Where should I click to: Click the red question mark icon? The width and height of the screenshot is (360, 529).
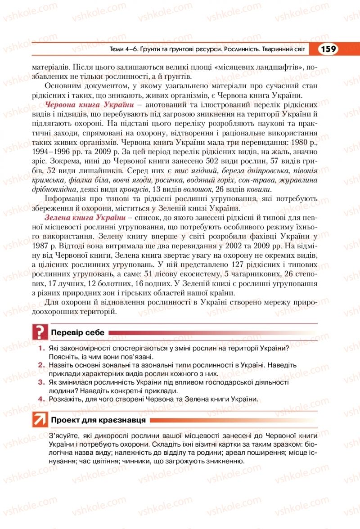click(40, 332)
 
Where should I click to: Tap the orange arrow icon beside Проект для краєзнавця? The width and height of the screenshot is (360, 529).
click(40, 420)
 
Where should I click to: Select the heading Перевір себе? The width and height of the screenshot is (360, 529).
click(78, 333)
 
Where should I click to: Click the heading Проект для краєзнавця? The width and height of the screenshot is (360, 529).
click(99, 420)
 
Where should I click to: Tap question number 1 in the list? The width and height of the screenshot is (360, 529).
click(40, 349)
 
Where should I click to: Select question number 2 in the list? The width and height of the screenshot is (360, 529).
click(40, 366)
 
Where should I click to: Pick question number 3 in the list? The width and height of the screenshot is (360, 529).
click(40, 382)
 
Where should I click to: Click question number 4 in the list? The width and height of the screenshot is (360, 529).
click(40, 399)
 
